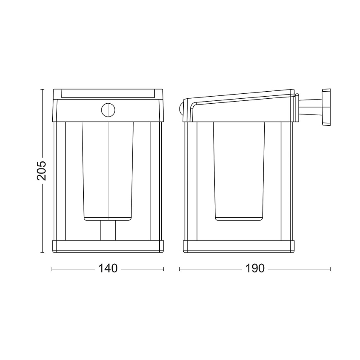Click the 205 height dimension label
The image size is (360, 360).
(x=41, y=170)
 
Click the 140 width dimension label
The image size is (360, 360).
(x=108, y=269)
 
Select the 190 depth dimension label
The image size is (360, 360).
(x=255, y=269)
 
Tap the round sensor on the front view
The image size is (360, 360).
(x=108, y=110)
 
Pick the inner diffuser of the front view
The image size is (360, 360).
(x=108, y=170)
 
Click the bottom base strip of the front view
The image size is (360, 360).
(x=108, y=246)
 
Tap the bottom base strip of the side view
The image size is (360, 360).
(x=238, y=246)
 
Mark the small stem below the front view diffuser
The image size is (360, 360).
(x=108, y=230)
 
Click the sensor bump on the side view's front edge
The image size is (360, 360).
(x=181, y=110)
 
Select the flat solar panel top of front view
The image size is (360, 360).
(x=108, y=93)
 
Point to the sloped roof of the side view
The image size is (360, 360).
(x=241, y=96)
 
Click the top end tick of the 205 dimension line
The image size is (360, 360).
(x=41, y=89)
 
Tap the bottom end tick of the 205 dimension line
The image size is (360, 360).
(x=41, y=252)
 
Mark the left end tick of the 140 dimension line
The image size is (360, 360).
(x=52, y=269)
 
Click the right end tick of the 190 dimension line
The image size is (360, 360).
(x=330, y=269)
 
